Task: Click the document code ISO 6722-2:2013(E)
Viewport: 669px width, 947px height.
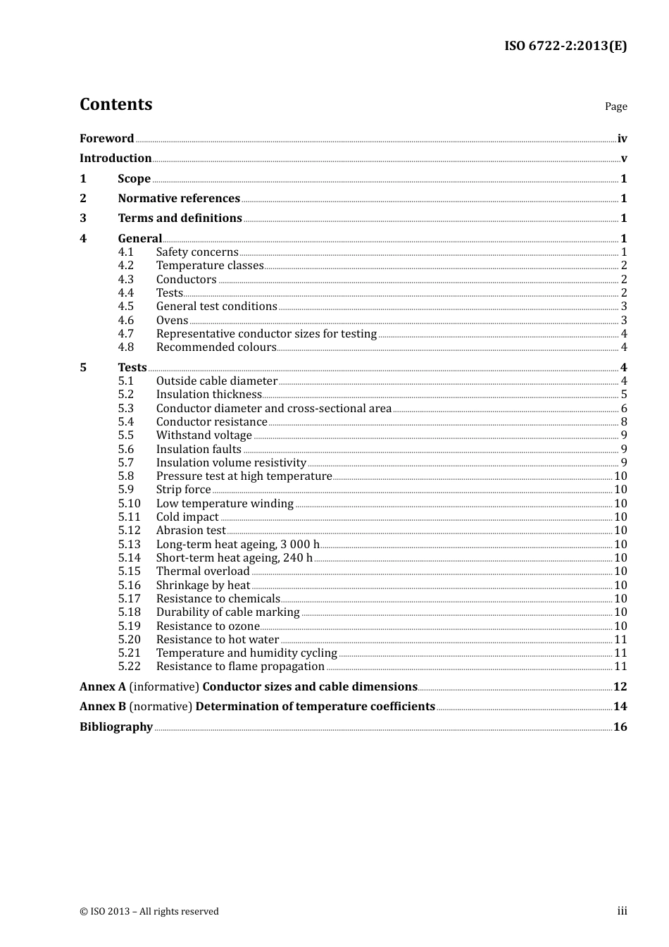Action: [x=565, y=46]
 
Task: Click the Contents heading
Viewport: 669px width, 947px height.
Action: [x=116, y=104]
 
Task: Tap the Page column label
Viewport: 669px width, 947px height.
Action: [x=615, y=106]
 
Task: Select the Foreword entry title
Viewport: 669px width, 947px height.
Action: [x=106, y=139]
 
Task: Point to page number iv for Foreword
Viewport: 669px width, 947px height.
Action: [x=622, y=139]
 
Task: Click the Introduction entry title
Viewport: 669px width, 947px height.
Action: [x=115, y=159]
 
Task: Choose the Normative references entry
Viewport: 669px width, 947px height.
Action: [x=179, y=199]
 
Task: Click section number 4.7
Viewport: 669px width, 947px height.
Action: [x=126, y=334]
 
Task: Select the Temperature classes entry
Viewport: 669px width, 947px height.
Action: [x=210, y=266]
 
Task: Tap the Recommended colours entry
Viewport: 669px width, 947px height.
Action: [x=216, y=347]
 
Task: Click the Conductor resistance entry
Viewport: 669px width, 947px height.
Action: [x=212, y=422]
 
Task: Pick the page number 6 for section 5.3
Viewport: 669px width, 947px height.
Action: [x=624, y=409]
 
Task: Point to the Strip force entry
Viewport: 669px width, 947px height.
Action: [x=184, y=490]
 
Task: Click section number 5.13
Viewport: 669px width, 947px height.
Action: [x=130, y=545]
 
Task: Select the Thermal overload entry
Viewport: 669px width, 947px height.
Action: [x=203, y=571]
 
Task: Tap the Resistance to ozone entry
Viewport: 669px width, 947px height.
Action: [x=208, y=626]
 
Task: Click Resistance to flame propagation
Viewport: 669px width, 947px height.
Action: [x=240, y=667]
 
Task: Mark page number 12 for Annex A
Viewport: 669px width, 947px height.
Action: [x=620, y=687]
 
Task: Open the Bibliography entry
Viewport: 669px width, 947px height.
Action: [x=116, y=727]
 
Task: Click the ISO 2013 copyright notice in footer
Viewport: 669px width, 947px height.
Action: [x=149, y=912]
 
